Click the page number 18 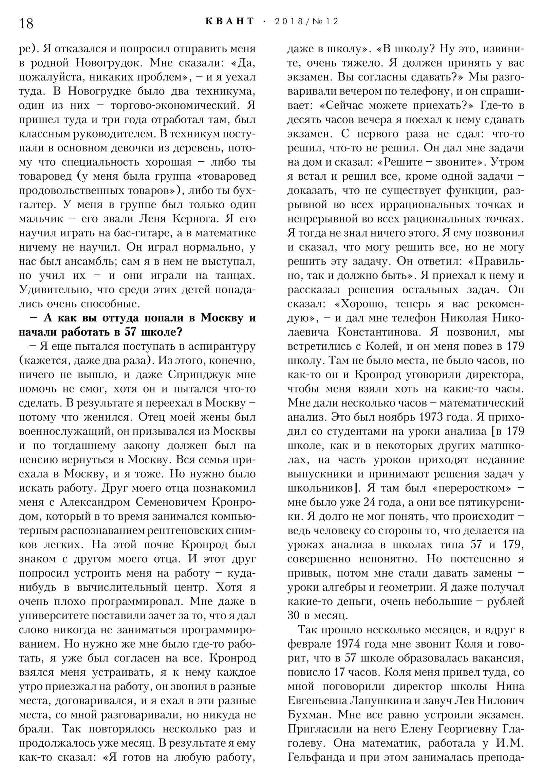click(x=26, y=23)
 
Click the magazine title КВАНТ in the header click(x=230, y=21)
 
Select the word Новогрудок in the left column click(x=110, y=63)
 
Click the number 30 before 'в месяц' click(x=295, y=616)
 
